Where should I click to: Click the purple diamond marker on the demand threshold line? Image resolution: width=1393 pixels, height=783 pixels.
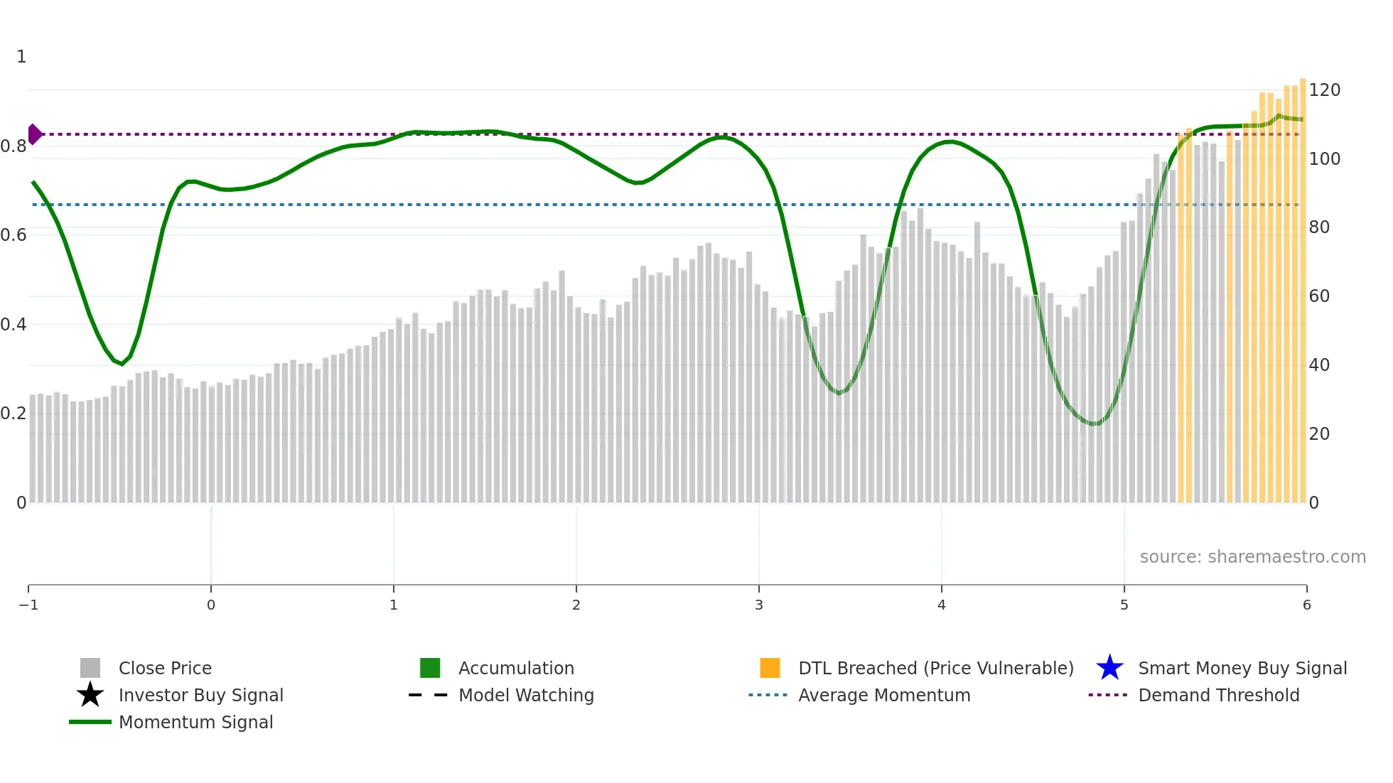tap(34, 134)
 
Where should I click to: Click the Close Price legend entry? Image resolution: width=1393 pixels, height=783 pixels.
tap(164, 668)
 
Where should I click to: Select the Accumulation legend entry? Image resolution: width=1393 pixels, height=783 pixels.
tap(516, 668)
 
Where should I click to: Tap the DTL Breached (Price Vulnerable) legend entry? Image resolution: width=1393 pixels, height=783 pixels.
tap(935, 668)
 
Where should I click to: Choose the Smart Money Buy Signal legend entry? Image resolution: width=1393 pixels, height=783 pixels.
tap(1242, 668)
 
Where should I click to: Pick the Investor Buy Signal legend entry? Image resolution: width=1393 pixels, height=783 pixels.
tap(200, 695)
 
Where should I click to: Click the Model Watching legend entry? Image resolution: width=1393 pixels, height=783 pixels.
tap(526, 695)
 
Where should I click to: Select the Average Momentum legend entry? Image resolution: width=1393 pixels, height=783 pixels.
tap(884, 695)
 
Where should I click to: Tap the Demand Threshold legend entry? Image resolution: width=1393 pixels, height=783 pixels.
tap(1218, 695)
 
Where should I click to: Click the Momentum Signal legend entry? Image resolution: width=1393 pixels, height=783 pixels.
tap(195, 722)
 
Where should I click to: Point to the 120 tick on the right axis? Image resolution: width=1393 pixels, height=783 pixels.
tap(1325, 90)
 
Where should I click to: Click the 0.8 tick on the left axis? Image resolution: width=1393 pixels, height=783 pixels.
tap(14, 146)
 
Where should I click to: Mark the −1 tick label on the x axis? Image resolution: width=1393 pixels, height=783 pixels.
tap(28, 605)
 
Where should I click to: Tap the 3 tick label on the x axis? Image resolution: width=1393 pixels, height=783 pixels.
tap(759, 605)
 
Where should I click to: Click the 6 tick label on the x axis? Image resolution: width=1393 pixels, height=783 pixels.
tap(1306, 605)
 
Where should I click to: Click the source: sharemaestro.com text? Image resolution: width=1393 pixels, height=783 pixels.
tap(1252, 556)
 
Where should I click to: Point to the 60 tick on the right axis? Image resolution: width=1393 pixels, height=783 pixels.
tap(1319, 296)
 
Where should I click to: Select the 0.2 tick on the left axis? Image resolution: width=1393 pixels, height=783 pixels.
tap(14, 414)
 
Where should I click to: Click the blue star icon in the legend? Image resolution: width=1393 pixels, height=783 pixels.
tap(1109, 668)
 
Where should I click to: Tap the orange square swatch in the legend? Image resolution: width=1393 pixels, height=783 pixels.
tap(770, 668)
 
